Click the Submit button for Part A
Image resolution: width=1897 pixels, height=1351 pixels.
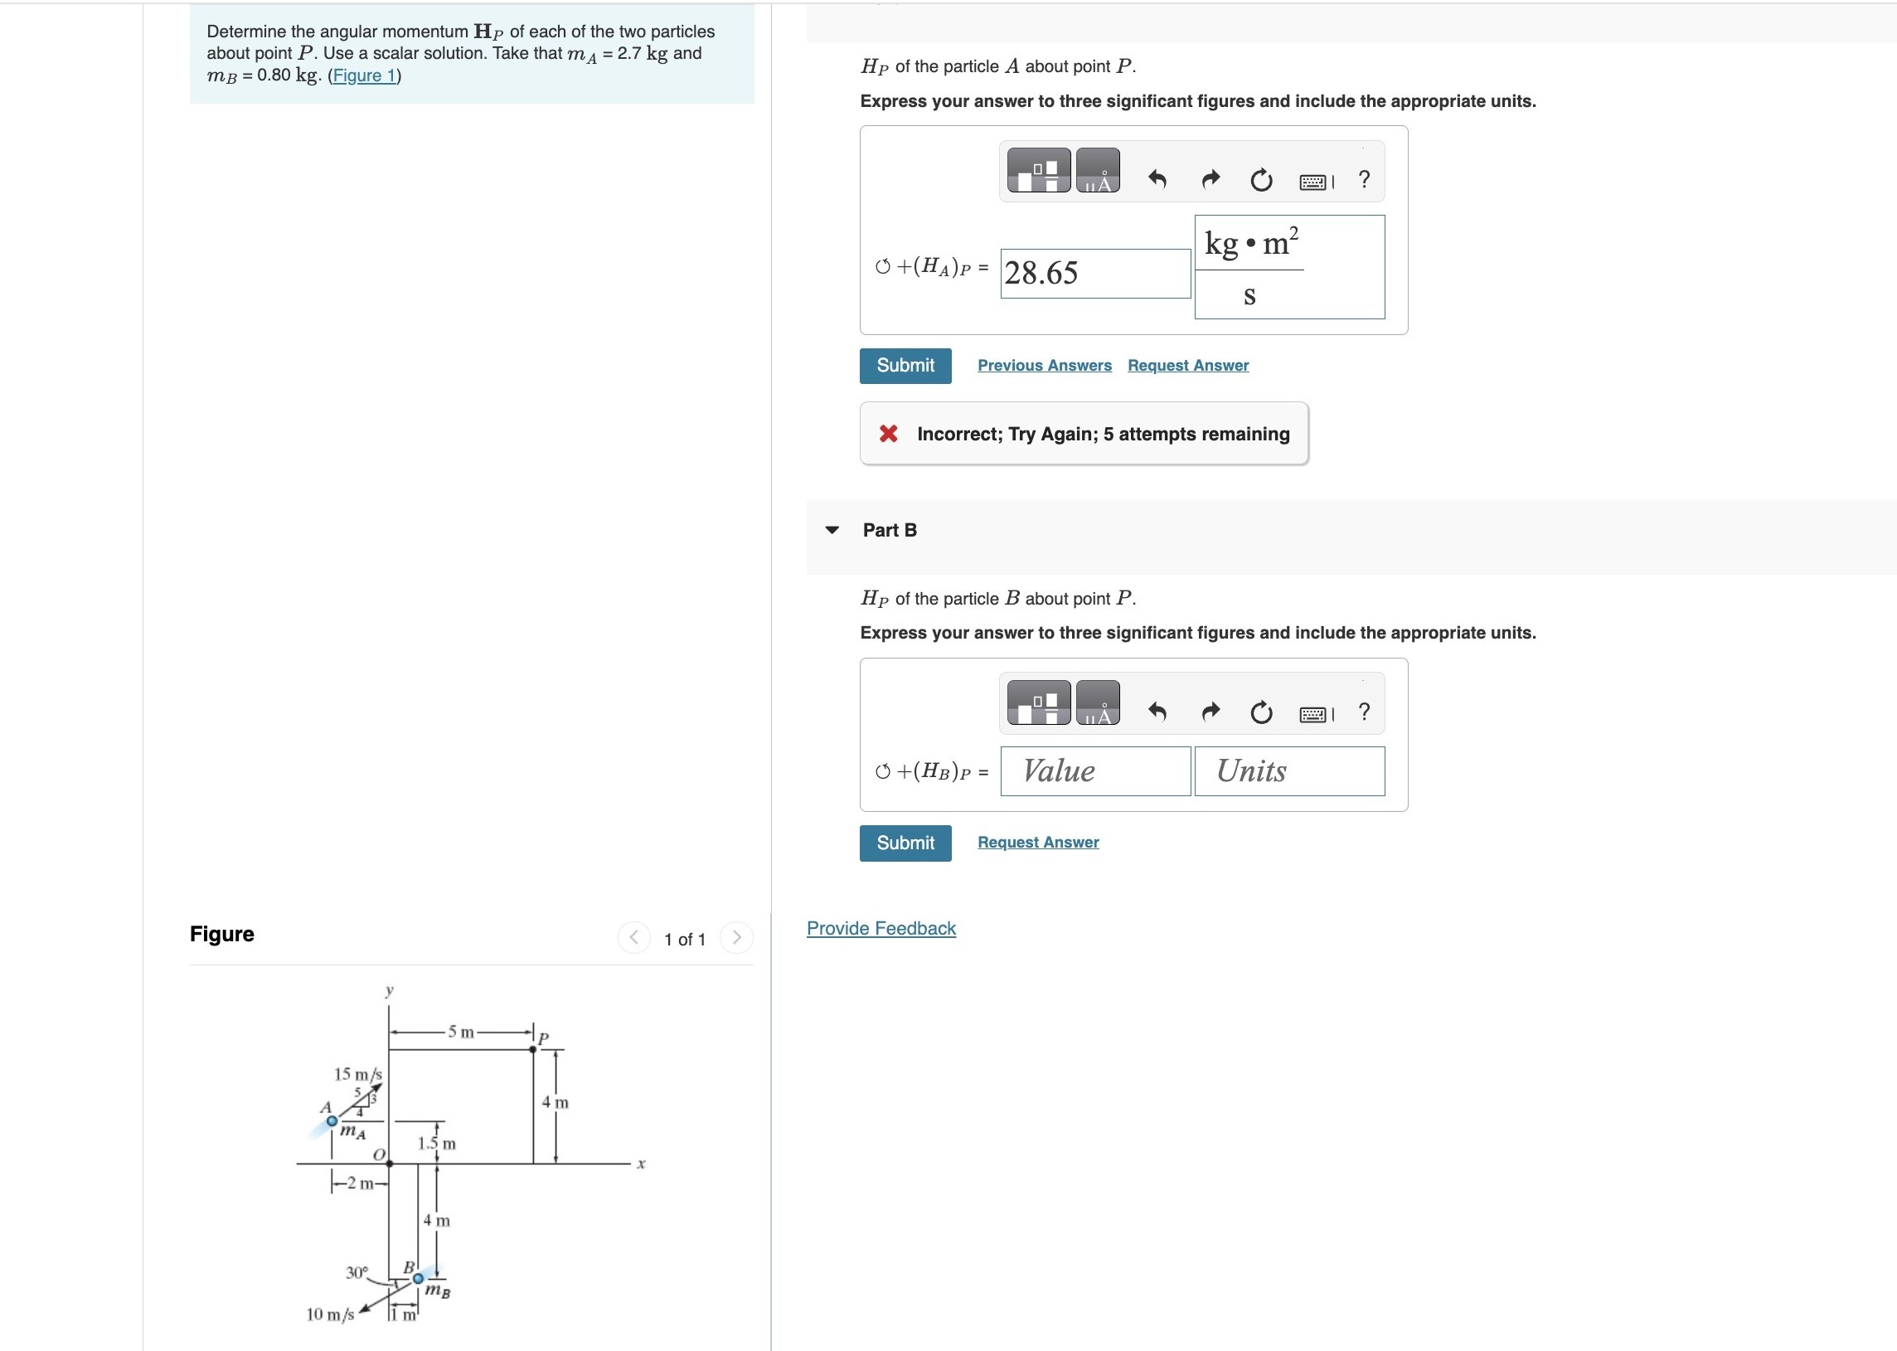pos(905,365)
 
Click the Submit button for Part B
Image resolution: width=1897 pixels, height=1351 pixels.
pos(905,843)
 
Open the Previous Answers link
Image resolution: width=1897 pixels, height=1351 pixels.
pos(1044,365)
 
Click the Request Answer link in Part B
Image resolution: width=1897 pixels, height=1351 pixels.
pos(1037,842)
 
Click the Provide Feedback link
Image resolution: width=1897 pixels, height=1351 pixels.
pos(881,928)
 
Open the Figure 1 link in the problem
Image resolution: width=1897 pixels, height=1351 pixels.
pos(364,75)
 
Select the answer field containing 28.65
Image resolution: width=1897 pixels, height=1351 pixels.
pos(1094,273)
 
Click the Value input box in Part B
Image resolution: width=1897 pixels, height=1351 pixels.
pos(1094,771)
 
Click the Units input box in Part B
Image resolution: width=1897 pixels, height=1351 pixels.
pos(1288,771)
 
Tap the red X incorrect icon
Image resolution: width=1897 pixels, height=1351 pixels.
pos(888,434)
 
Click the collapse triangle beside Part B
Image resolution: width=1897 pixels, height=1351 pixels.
pos(832,530)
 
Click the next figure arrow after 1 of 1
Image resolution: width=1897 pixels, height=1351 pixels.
pos(736,937)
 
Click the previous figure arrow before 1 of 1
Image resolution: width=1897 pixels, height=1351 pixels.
pos(633,937)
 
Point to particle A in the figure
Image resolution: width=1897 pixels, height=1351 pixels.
pos(332,1120)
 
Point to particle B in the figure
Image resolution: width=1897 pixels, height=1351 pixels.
pos(419,1278)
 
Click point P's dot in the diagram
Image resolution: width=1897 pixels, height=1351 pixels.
pos(533,1049)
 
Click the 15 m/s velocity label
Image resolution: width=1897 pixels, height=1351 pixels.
pos(357,1074)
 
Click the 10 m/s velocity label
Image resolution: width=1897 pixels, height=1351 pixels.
pos(329,1315)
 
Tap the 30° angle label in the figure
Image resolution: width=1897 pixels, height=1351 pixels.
pos(356,1272)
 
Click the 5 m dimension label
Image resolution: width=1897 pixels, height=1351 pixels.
pos(461,1032)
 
